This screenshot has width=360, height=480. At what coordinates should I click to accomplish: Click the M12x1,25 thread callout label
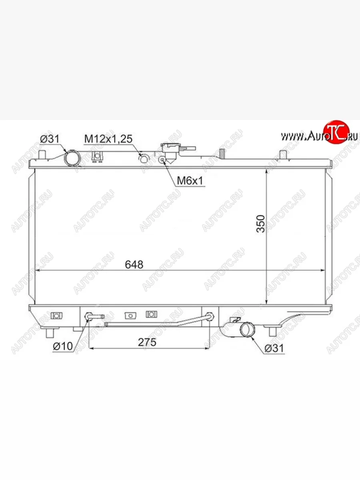(x=108, y=139)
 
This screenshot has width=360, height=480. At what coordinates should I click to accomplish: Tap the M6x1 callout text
(x=190, y=181)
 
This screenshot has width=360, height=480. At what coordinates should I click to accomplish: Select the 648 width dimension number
(x=134, y=265)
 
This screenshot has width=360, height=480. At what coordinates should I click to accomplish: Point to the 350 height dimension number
(x=261, y=224)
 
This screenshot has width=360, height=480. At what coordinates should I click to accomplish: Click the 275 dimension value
(x=147, y=342)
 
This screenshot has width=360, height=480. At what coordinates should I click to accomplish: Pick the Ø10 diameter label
(x=63, y=346)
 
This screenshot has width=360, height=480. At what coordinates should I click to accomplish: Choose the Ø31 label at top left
(x=50, y=139)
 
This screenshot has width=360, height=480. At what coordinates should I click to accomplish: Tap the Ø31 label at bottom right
(x=274, y=348)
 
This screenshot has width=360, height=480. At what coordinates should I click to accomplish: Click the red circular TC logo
(x=336, y=132)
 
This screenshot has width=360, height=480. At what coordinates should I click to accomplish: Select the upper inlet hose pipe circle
(x=72, y=158)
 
